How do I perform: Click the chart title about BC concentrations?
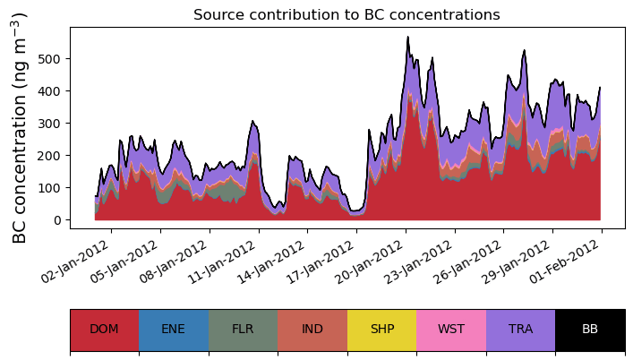tap(346, 14)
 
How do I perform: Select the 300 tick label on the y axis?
tap(50, 124)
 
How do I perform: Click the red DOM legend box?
tap(105, 330)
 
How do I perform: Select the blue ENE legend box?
tap(174, 330)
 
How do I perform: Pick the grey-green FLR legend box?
tap(244, 330)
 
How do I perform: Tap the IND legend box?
tap(312, 330)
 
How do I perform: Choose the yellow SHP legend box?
tap(381, 330)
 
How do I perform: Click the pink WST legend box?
tap(451, 330)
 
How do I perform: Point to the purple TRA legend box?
tap(520, 330)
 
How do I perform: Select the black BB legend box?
tap(590, 330)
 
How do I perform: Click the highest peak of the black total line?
tap(407, 38)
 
